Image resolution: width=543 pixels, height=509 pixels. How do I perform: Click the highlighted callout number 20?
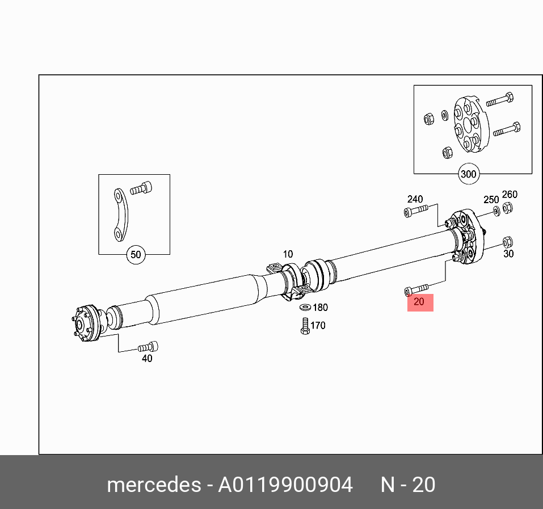pyautogui.click(x=419, y=302)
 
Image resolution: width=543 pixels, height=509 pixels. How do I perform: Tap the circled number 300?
pyautogui.click(x=468, y=174)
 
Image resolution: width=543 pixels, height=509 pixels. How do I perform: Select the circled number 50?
pyautogui.click(x=136, y=255)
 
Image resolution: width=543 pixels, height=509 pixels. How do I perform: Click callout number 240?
pyautogui.click(x=415, y=199)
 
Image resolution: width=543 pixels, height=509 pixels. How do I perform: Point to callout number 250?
pyautogui.click(x=491, y=200)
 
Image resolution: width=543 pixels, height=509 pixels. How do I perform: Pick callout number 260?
pyautogui.click(x=510, y=195)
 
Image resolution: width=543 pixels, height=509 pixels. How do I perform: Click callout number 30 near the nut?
pyautogui.click(x=508, y=254)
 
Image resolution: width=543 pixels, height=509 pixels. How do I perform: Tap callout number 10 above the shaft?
pyautogui.click(x=288, y=254)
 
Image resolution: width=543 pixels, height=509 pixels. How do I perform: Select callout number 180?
pyautogui.click(x=321, y=308)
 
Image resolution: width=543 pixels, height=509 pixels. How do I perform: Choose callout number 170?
pyautogui.click(x=318, y=326)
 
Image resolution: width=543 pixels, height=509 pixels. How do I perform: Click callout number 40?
pyautogui.click(x=147, y=359)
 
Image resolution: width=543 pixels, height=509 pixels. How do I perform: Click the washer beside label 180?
pyautogui.click(x=305, y=308)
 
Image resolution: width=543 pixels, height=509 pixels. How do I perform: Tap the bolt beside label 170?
pyautogui.click(x=305, y=326)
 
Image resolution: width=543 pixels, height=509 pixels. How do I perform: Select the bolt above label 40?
pyautogui.click(x=148, y=347)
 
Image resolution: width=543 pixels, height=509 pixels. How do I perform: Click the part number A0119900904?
pyautogui.click(x=285, y=485)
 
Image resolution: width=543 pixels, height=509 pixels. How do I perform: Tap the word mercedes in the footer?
pyautogui.click(x=153, y=485)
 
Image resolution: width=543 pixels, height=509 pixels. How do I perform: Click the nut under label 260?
pyautogui.click(x=508, y=208)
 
